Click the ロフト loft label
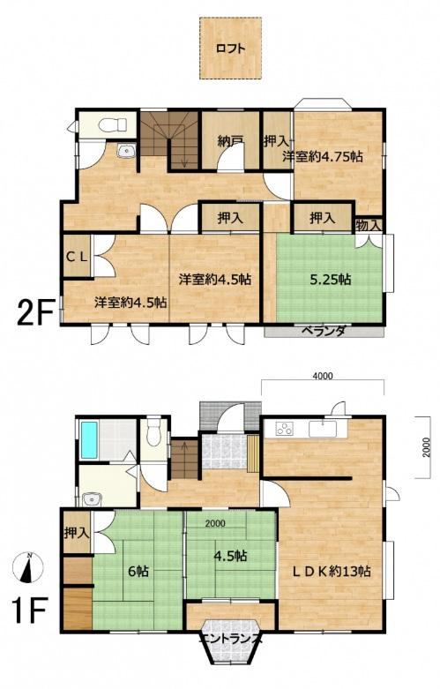(230, 49)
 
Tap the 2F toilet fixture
(112, 124)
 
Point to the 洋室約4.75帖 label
(323, 156)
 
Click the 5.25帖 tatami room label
(330, 280)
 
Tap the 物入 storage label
(368, 226)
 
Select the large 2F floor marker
(35, 311)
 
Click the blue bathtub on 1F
(89, 440)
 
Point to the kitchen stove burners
(284, 429)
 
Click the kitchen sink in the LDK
(323, 429)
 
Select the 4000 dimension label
(323, 376)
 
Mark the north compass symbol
(27, 567)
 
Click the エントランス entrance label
(231, 640)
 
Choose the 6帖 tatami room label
(138, 572)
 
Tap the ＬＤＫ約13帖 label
(332, 572)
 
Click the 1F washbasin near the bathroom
(92, 499)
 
